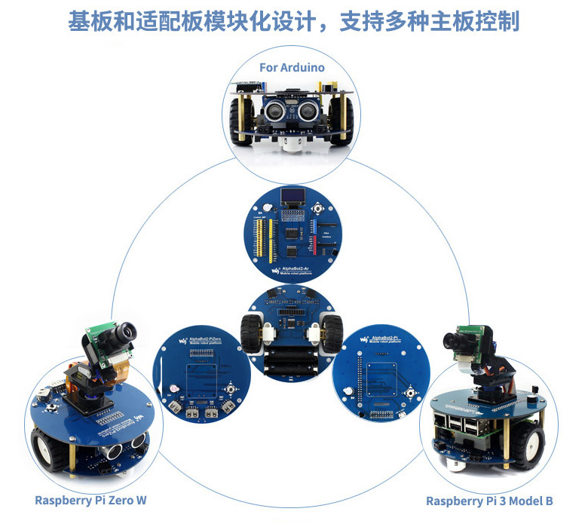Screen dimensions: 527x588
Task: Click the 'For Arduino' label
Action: click(292, 67)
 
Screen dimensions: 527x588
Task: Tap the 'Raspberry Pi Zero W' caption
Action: click(90, 500)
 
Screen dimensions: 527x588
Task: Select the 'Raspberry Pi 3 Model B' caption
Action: click(489, 501)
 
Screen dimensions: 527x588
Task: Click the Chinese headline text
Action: click(293, 20)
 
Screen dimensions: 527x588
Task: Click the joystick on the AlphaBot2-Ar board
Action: click(319, 208)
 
